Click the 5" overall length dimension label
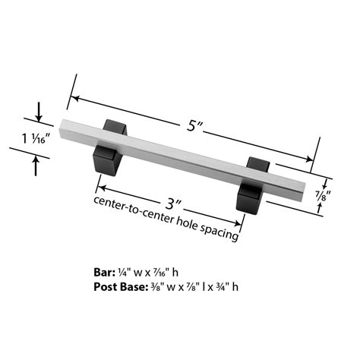coord(194,125)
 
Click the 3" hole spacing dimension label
coord(174,204)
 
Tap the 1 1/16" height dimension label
coord(36,139)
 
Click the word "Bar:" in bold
coord(105,273)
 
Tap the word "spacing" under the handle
coord(219,232)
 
